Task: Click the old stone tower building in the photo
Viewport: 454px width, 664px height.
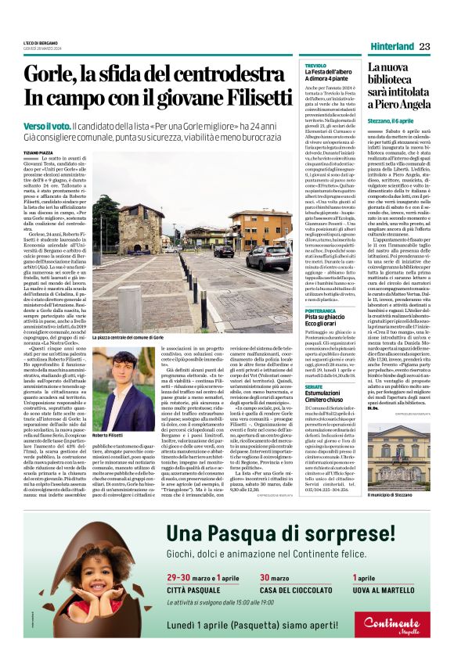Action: coord(142,228)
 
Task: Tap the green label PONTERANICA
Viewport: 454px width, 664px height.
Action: coord(321,289)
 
